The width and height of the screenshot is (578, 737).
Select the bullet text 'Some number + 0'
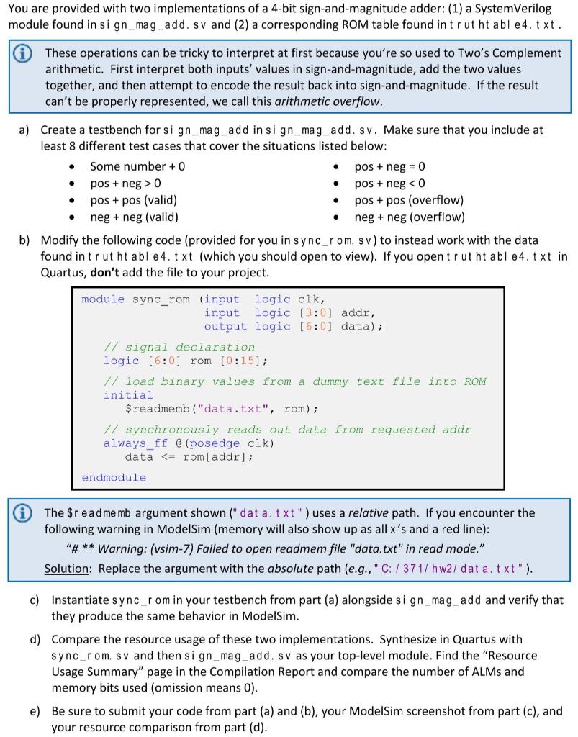137,166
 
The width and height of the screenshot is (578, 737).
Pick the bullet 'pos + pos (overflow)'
409,200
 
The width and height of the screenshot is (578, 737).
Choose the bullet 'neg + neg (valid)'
134,217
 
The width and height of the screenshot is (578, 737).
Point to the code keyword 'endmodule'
114,478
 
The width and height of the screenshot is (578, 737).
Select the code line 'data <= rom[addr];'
189,456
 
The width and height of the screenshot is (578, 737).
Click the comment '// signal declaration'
179,347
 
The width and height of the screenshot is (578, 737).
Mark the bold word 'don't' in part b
105,273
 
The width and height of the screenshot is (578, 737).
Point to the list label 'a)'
24,130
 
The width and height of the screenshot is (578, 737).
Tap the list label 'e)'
35,711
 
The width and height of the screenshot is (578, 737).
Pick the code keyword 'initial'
128,395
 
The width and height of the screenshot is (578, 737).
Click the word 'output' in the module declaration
225,326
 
